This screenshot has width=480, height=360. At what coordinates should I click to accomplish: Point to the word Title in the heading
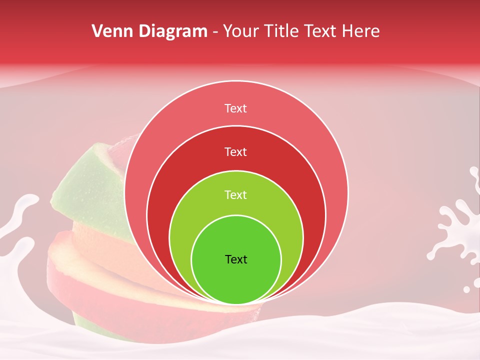283,31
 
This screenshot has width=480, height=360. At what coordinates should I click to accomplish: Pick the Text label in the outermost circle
236,108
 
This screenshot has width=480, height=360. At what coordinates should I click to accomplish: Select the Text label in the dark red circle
236,151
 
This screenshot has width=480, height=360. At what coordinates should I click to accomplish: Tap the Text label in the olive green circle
236,195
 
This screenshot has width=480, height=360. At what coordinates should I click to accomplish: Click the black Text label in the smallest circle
236,259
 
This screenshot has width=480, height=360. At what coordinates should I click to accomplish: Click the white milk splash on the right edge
457,225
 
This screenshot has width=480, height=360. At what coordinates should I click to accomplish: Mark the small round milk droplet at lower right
466,289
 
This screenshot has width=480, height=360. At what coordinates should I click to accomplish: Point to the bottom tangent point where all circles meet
236,304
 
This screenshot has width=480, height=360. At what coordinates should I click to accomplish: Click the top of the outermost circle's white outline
236,81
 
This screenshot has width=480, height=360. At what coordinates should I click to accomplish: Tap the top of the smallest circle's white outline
236,215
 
